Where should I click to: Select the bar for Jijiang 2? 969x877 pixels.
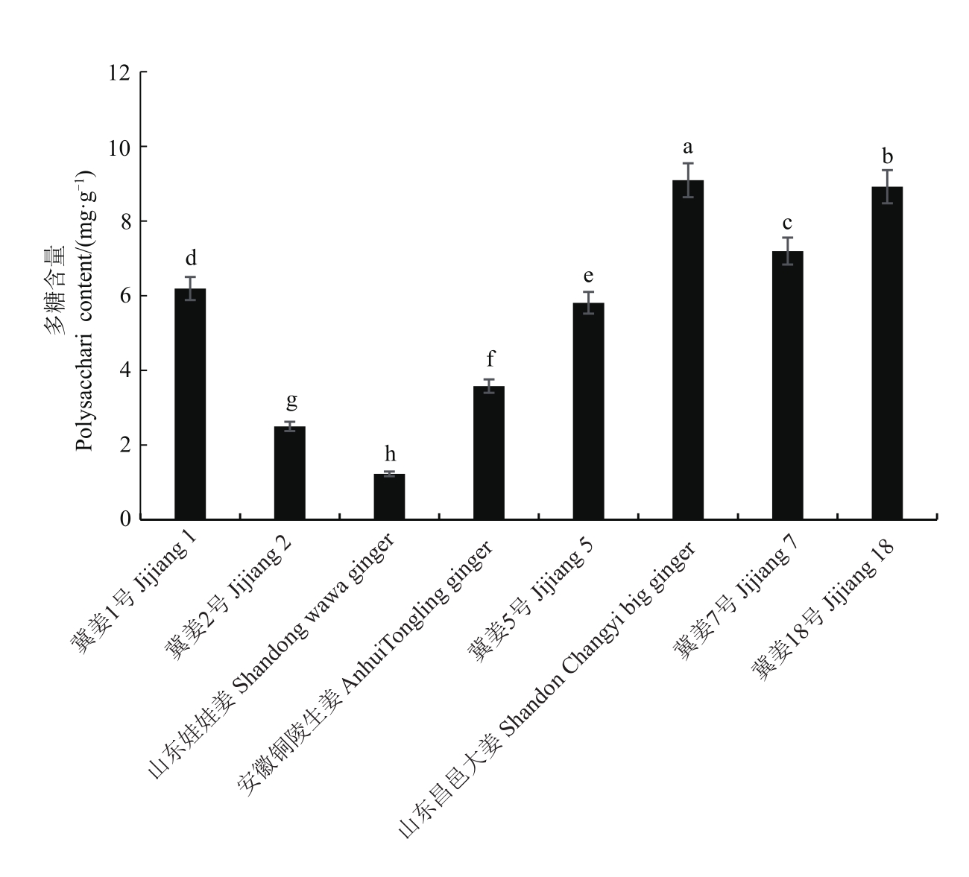coord(290,473)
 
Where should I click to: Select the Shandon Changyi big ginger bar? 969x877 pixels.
coord(688,350)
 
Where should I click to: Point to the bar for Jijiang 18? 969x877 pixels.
coord(887,353)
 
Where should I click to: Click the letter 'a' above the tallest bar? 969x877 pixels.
coord(688,147)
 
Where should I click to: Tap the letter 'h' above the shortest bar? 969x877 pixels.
coord(389,454)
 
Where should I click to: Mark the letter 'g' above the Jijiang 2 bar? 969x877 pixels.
coord(291,402)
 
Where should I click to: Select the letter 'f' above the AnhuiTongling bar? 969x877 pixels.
coord(490,360)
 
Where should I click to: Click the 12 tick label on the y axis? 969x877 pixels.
coord(119,73)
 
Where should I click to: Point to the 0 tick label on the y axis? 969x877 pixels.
coord(124,519)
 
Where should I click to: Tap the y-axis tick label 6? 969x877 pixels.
coord(124,296)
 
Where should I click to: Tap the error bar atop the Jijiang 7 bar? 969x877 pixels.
coord(787,250)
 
